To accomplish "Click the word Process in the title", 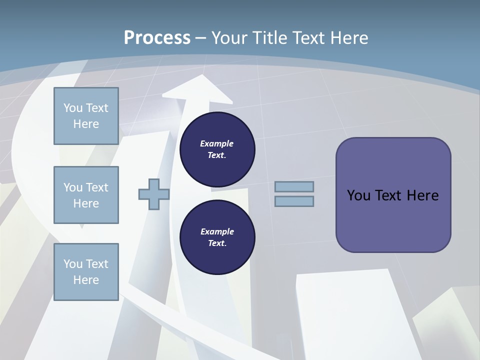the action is [157, 38].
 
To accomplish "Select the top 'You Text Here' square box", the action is [86, 116].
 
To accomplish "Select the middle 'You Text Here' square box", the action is [86, 195].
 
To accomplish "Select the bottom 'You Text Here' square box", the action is [86, 271].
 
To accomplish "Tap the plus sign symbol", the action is [154, 194].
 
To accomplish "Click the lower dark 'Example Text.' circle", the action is [217, 237].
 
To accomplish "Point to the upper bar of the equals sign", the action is [294, 186].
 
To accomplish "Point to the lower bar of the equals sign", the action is [294, 201].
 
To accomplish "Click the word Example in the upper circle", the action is [217, 143].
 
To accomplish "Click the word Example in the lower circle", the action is [217, 231].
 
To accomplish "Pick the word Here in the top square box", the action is [86, 124].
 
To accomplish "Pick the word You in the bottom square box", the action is [72, 264].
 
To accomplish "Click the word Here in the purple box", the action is [422, 195].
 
